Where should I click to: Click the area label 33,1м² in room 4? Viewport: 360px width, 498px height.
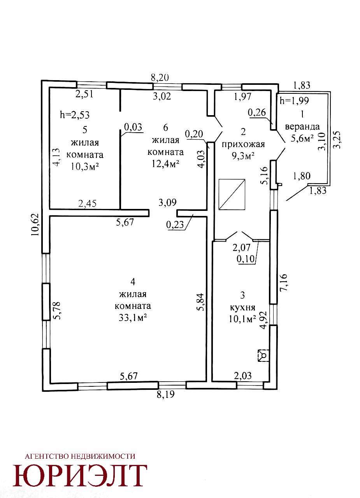[x=133, y=318]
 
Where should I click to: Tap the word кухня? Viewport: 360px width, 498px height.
[x=242, y=308]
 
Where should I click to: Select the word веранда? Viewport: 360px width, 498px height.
[x=302, y=127]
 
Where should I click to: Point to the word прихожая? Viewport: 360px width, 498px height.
[x=243, y=144]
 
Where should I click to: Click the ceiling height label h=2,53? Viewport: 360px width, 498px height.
[x=75, y=115]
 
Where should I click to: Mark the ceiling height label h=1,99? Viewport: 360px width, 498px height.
[x=294, y=101]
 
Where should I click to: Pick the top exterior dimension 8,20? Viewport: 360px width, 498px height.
[x=160, y=78]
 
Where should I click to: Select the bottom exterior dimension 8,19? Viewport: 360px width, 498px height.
[x=166, y=395]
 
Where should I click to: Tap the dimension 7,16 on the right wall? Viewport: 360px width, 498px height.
[x=284, y=282]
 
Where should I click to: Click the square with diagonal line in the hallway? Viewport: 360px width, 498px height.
[x=232, y=194]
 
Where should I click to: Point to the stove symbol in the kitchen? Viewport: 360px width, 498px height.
[x=263, y=356]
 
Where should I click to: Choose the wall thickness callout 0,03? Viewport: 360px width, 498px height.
[x=133, y=127]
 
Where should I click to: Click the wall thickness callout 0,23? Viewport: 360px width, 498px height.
[x=175, y=225]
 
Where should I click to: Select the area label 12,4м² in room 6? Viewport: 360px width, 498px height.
[x=166, y=164]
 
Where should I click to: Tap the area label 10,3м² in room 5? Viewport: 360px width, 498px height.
[x=85, y=166]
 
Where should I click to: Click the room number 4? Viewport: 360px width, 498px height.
[x=133, y=282]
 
